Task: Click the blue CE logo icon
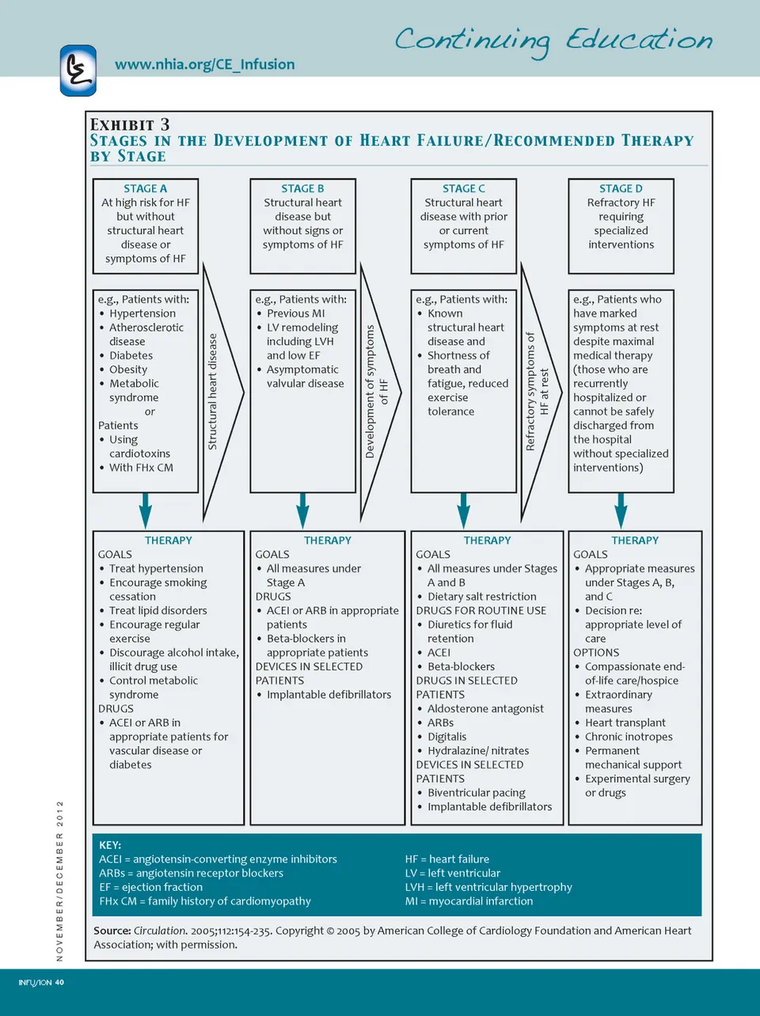tap(78, 70)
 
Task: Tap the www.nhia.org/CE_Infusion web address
tap(204, 65)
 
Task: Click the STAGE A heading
tap(145, 188)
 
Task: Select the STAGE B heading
tap(302, 188)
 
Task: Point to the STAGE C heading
tap(463, 188)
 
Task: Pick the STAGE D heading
tap(621, 188)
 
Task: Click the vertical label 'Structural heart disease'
tap(212, 392)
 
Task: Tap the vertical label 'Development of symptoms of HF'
tap(376, 392)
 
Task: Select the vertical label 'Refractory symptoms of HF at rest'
tap(537, 392)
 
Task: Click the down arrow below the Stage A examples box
tap(145, 510)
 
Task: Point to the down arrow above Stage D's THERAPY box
tap(621, 510)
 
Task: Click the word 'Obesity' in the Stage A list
tap(128, 370)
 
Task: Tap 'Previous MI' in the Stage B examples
tap(295, 313)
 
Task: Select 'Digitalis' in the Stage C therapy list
tap(446, 737)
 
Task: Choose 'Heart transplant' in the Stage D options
tap(625, 722)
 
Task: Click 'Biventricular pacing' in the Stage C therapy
tap(476, 793)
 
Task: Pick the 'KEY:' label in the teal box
tap(110, 845)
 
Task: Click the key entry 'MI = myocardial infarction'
tap(469, 901)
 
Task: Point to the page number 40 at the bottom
tap(59, 983)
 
